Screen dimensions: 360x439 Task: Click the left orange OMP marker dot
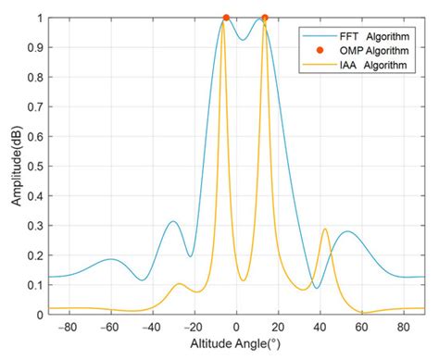tap(225, 18)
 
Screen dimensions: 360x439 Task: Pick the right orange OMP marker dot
tap(265, 18)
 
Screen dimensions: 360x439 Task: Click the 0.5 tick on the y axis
tap(34, 166)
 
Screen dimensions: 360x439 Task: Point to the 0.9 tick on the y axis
tap(34, 47)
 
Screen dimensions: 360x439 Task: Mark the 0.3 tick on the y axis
tap(34, 225)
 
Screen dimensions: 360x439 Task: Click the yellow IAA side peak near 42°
tap(324, 230)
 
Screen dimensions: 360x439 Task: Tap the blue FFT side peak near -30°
tap(173, 221)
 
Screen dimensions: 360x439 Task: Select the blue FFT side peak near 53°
tap(347, 231)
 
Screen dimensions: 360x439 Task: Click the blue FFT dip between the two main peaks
tap(243, 40)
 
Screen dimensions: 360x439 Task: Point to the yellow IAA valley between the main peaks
tap(244, 280)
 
